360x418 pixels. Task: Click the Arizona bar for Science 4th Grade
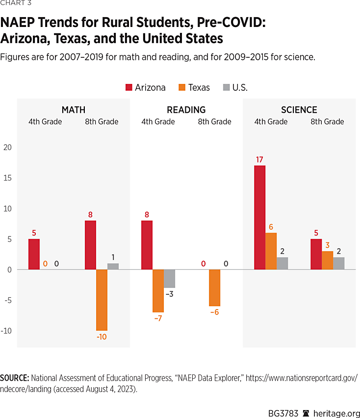[x=260, y=217]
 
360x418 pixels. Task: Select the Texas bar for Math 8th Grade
[x=102, y=300]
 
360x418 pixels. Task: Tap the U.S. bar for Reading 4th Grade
[x=169, y=278]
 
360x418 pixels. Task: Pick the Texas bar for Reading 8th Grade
[x=214, y=287]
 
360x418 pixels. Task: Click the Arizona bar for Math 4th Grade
[x=34, y=254]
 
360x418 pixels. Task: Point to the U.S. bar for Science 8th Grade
[x=338, y=263]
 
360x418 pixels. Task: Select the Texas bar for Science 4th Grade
[x=271, y=251]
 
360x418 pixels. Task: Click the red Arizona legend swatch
[x=129, y=88]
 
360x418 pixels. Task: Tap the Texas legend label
[x=199, y=88]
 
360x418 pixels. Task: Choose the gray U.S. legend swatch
[x=226, y=88]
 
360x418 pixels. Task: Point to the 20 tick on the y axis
[x=7, y=147]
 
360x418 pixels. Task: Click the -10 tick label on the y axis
[x=6, y=331]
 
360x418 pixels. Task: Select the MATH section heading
[x=74, y=110]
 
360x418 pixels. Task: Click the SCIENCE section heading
[x=299, y=110]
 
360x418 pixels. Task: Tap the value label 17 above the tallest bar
[x=260, y=159]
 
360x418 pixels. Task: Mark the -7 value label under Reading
[x=158, y=318]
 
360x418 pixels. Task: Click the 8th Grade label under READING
[x=214, y=122]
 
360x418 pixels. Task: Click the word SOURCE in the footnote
[x=15, y=378]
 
